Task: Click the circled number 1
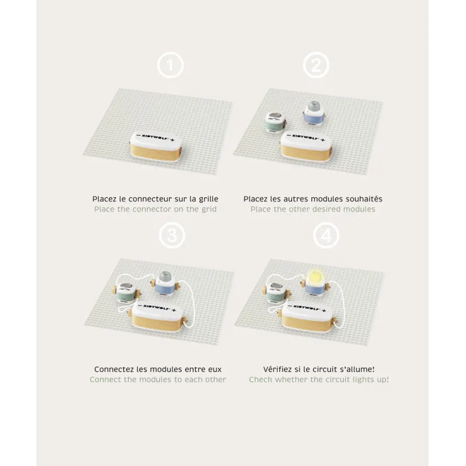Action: (x=170, y=65)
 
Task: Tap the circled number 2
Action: (x=316, y=65)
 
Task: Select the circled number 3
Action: (x=172, y=235)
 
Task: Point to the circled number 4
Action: (x=326, y=235)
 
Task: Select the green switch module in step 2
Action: (x=275, y=121)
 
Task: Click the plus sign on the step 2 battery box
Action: (x=323, y=140)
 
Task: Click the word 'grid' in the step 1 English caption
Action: (x=209, y=210)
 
